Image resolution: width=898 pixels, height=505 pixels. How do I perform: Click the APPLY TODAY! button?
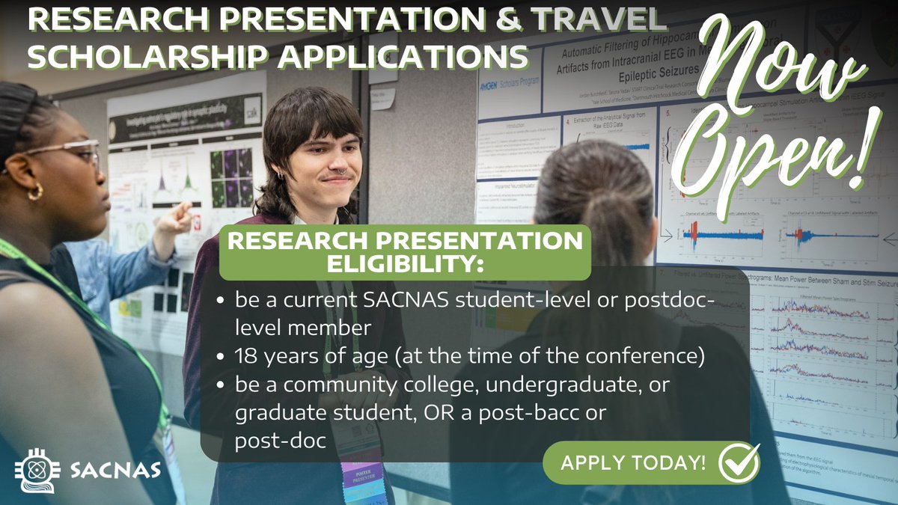pos(632,462)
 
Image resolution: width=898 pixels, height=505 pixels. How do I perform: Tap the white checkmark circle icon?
pos(739,462)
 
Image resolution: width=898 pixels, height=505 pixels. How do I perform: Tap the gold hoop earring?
pos(35,192)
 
